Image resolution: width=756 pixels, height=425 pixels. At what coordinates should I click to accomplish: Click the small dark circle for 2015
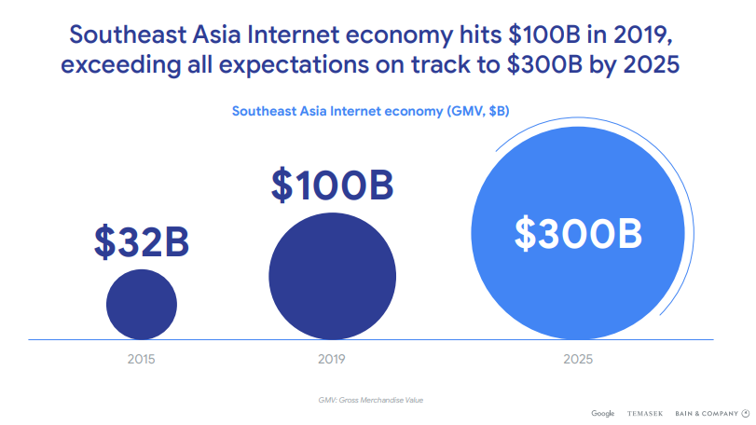click(142, 305)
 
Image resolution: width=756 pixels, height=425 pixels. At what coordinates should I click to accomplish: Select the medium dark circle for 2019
click(332, 276)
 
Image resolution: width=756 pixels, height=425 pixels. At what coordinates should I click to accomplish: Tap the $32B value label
click(142, 242)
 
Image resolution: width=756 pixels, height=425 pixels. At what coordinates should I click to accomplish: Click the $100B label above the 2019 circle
click(332, 185)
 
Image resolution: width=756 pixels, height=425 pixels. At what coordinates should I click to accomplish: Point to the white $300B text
click(578, 234)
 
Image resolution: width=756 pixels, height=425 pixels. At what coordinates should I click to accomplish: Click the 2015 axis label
click(142, 359)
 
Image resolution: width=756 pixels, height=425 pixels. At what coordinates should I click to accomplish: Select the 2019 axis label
click(332, 359)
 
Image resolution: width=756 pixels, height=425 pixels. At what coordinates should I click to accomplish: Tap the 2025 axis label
click(578, 359)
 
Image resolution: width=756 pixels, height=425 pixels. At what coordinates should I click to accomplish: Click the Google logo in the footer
click(603, 414)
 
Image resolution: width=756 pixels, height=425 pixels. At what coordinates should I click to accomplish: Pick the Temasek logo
click(645, 414)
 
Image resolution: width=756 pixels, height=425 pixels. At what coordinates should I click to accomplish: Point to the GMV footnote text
click(371, 400)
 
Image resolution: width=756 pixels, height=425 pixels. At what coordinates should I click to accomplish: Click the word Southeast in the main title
click(128, 34)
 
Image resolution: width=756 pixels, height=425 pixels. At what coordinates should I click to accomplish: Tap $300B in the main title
click(544, 64)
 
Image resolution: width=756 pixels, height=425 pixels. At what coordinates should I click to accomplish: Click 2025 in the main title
click(652, 64)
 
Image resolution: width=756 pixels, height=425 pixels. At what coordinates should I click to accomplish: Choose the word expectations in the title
click(295, 65)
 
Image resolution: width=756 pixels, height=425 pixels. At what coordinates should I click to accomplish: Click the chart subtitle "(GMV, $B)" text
click(478, 111)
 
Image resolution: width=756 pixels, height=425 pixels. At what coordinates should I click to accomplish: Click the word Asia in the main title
click(216, 34)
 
